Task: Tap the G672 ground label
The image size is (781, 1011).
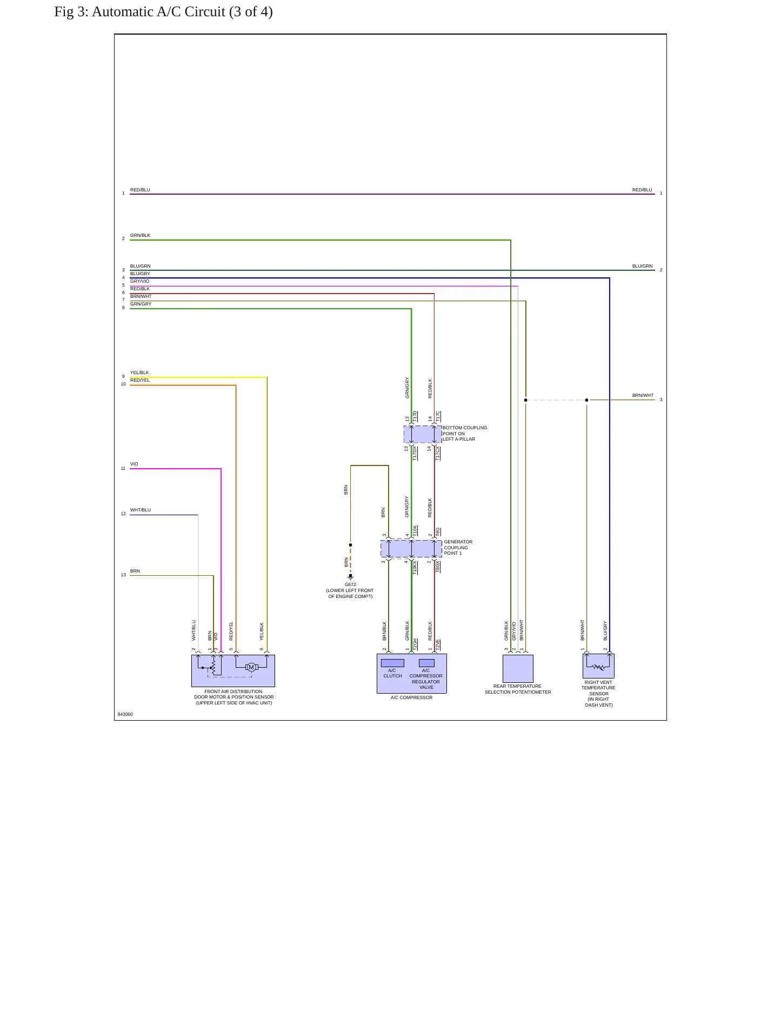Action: pos(350,584)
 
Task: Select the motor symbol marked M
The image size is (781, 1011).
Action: pos(251,667)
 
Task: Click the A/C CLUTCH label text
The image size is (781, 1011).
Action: pos(392,673)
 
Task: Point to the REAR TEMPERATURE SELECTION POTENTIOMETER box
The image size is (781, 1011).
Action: pos(518,669)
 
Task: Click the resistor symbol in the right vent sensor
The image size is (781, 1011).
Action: pos(598,667)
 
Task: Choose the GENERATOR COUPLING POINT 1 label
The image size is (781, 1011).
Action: pos(458,548)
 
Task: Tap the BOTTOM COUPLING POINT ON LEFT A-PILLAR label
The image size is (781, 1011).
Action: pos(465,434)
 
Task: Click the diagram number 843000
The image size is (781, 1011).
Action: pos(125,714)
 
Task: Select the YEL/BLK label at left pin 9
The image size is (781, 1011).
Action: pos(139,373)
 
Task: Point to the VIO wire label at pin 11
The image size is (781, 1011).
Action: pos(134,464)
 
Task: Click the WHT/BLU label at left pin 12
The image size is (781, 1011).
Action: pos(141,510)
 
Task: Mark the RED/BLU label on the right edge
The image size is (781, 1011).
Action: pos(642,190)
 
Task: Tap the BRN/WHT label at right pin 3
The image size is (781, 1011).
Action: pos(643,395)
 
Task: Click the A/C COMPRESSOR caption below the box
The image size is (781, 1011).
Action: pos(411,697)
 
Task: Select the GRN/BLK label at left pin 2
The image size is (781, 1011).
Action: pos(140,235)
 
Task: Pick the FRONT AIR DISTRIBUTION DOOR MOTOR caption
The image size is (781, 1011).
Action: pos(233,697)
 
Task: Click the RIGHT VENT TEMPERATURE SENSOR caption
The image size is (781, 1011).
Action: pos(598,694)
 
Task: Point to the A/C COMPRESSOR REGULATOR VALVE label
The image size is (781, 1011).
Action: pos(426,679)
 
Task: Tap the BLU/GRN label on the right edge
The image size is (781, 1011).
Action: pos(642,266)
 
